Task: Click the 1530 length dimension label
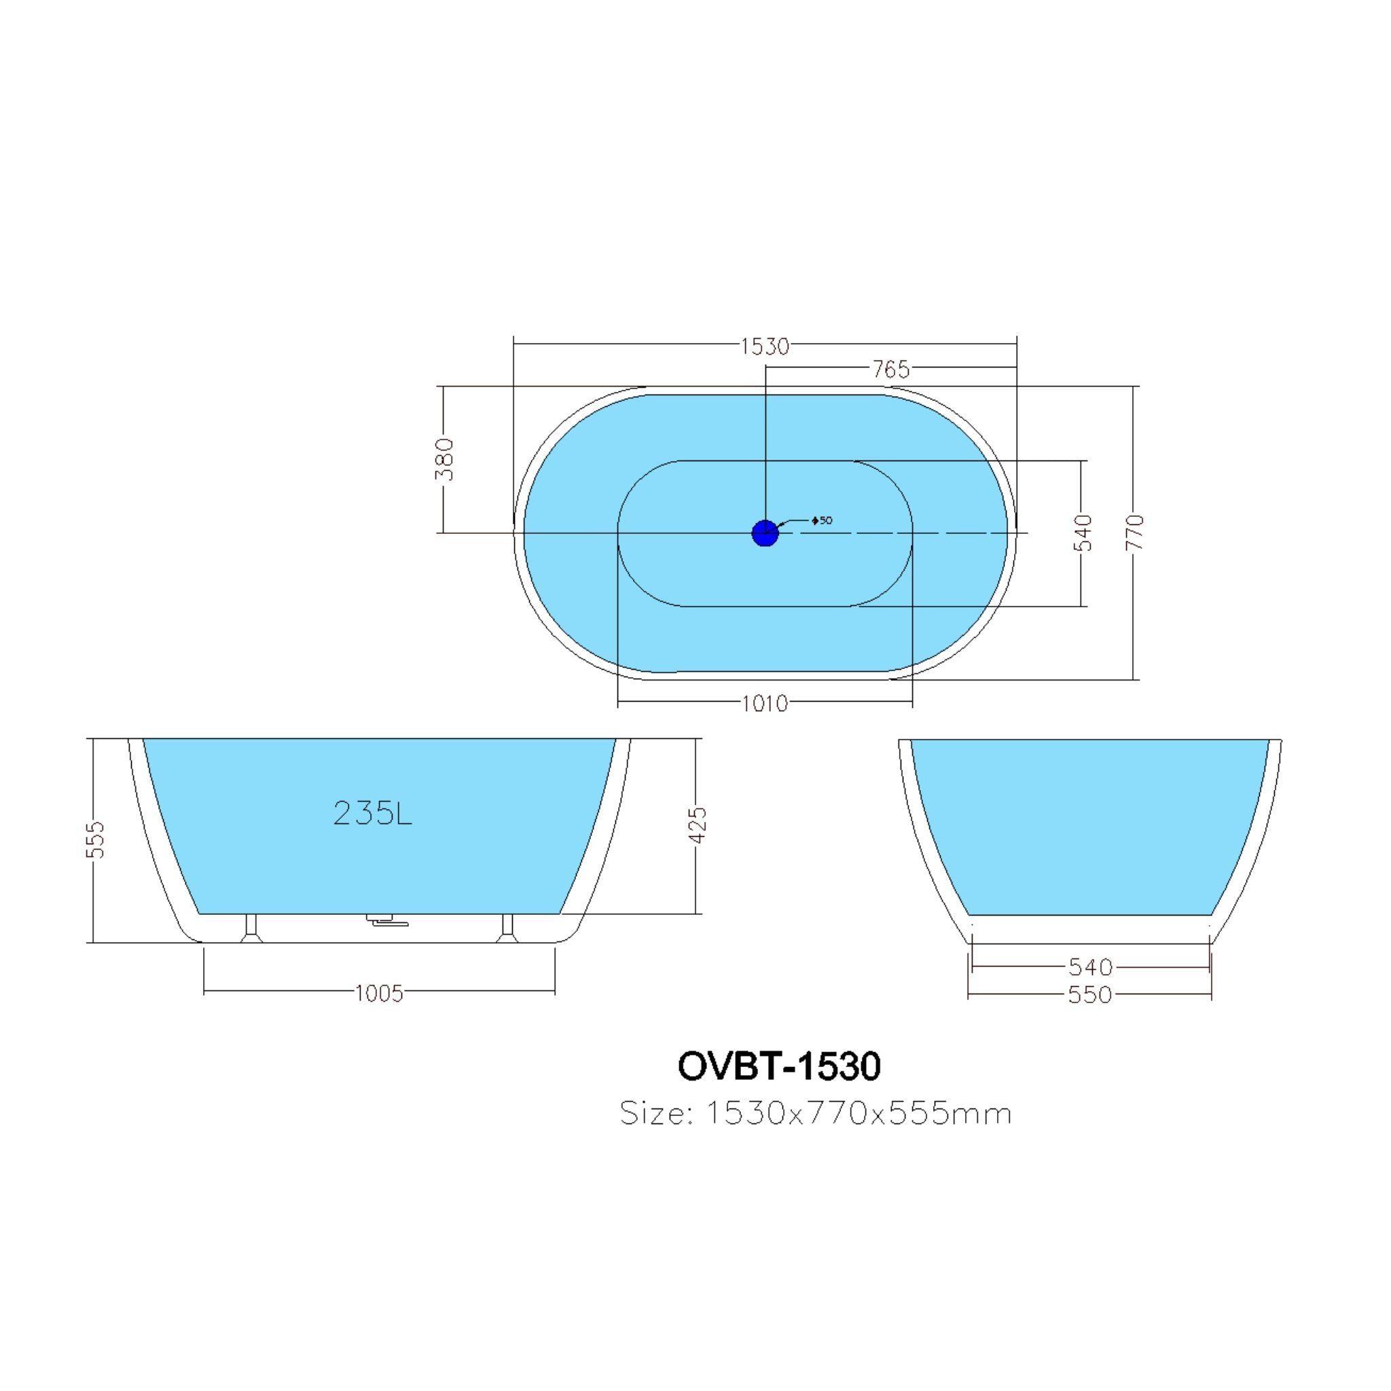[x=765, y=347]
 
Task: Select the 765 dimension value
[x=891, y=369]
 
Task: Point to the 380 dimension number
[x=446, y=459]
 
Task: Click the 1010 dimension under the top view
[x=765, y=703]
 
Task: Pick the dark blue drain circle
[x=765, y=532]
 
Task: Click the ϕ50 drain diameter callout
[x=822, y=520]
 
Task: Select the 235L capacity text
[x=372, y=814]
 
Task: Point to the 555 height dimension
[x=96, y=839]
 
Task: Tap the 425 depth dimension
[x=698, y=826]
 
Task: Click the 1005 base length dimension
[x=380, y=994]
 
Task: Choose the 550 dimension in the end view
[x=1090, y=995]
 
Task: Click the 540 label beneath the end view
[x=1090, y=967]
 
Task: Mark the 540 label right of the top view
[x=1083, y=532]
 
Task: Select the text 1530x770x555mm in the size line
[x=859, y=1114]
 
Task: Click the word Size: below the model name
[x=656, y=1114]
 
